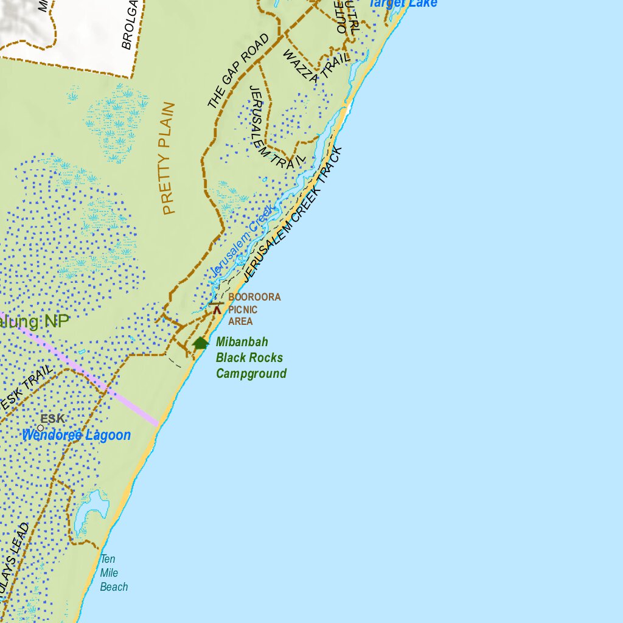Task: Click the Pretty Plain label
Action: tap(169, 158)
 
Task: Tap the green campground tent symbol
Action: tap(200, 343)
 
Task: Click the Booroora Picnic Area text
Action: tap(254, 309)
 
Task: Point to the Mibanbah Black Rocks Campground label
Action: tap(250, 358)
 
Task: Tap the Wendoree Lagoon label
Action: tap(77, 436)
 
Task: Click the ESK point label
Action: tap(52, 419)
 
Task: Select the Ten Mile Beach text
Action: tap(113, 573)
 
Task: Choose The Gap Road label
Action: tap(238, 72)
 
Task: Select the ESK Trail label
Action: tap(24, 389)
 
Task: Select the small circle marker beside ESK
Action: tap(41, 428)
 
